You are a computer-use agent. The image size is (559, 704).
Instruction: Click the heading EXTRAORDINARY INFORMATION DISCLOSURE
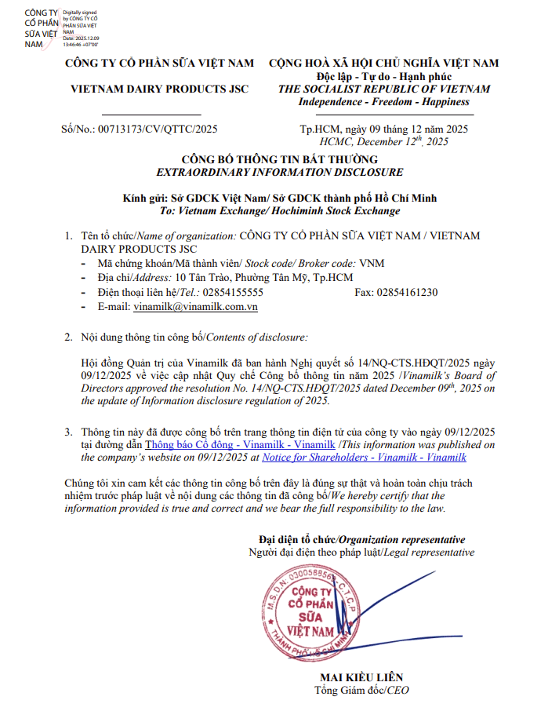[x=280, y=172]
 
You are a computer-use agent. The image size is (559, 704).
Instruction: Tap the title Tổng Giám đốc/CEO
[x=361, y=691]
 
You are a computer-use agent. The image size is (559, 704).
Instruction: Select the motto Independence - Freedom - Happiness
[x=384, y=102]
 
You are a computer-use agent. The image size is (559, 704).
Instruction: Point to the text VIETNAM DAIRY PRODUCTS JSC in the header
[x=160, y=89]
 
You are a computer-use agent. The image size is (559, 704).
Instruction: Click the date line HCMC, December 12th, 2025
[x=384, y=142]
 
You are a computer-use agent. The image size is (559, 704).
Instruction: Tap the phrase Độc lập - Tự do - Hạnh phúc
[x=384, y=76]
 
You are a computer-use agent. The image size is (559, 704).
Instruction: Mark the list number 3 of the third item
[x=68, y=432]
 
